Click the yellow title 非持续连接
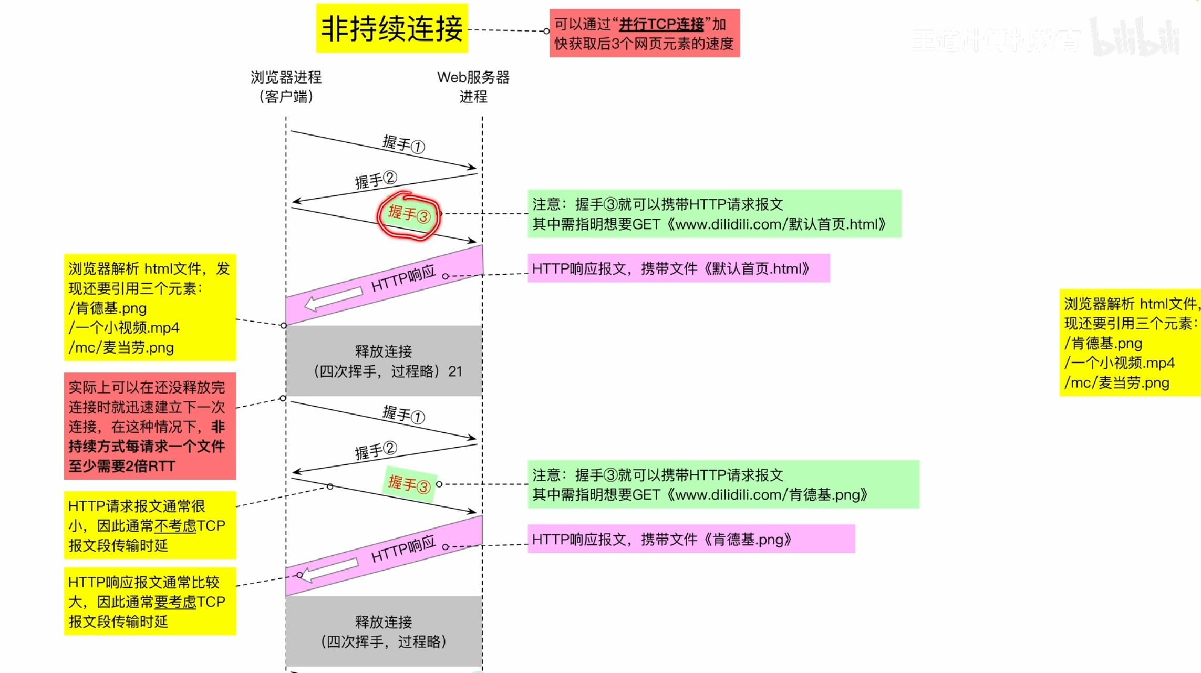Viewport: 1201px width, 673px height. (x=391, y=28)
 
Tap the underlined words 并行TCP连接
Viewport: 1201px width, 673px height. (x=661, y=25)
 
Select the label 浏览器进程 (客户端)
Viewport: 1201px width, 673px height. (x=286, y=87)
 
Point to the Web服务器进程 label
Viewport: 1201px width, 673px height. (x=473, y=87)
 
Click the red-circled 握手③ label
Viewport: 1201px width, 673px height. (x=409, y=214)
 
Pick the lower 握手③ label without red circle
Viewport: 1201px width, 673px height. (x=409, y=484)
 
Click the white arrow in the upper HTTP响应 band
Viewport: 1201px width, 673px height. (x=333, y=298)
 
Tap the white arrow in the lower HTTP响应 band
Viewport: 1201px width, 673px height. (x=330, y=570)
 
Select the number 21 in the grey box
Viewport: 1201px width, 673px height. (x=455, y=371)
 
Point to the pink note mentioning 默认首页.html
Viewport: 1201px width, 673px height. (x=678, y=268)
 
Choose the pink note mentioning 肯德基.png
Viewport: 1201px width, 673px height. (x=691, y=539)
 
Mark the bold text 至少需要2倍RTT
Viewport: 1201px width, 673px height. (x=121, y=466)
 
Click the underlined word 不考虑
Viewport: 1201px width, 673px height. (x=175, y=526)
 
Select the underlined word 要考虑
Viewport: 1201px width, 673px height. (x=175, y=602)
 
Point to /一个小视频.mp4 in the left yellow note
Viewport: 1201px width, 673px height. (x=124, y=328)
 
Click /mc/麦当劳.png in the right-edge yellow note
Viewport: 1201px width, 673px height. (x=1117, y=383)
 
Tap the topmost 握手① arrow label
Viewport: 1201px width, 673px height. (x=403, y=143)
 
